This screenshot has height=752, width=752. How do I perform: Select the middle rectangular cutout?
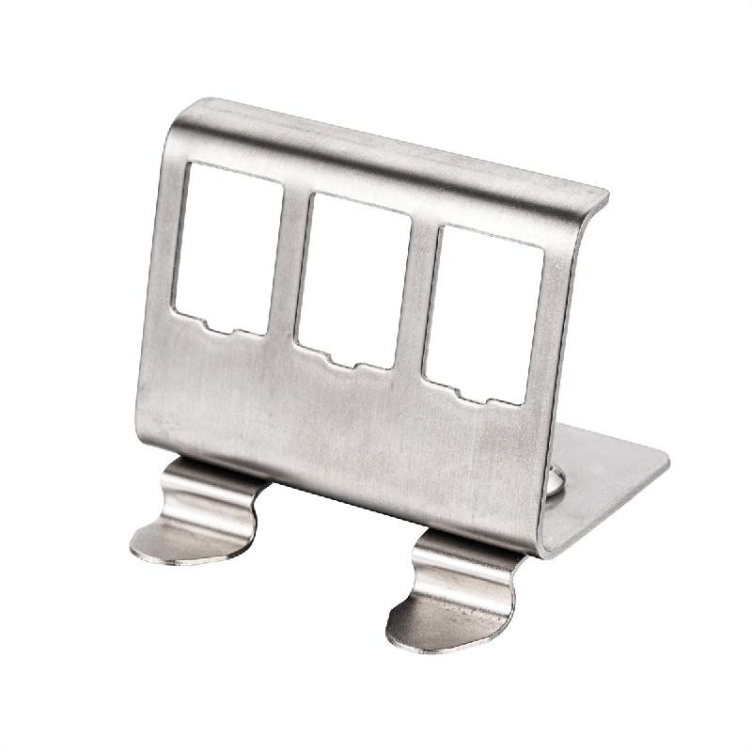pyautogui.click(x=352, y=278)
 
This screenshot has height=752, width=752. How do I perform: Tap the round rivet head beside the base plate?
pyautogui.click(x=555, y=481)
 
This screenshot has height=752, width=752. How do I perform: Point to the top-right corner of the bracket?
pyautogui.click(x=603, y=197)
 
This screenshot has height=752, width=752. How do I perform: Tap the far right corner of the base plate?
pyautogui.click(x=666, y=461)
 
